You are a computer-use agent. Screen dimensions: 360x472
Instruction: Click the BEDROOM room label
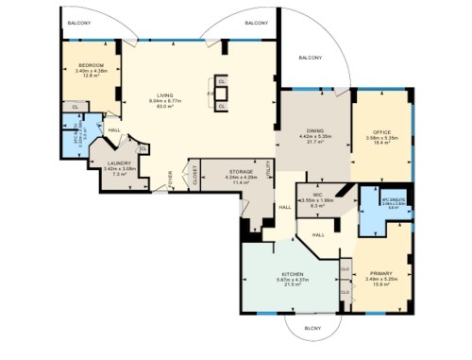(91, 65)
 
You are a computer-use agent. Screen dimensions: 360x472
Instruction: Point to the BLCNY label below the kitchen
(312, 328)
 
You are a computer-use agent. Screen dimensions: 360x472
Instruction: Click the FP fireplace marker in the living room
(210, 94)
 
